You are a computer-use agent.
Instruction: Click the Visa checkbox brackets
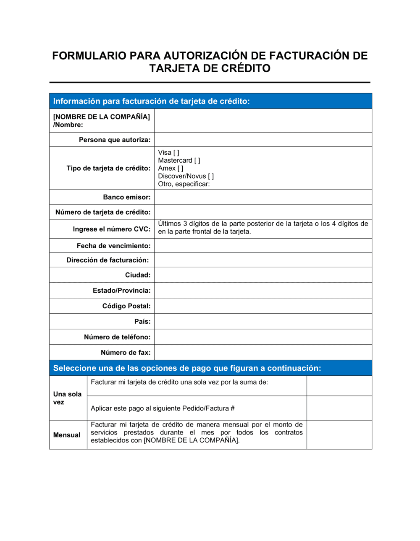point(176,153)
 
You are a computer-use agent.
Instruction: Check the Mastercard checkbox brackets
point(197,161)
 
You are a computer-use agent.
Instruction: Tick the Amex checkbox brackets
point(180,169)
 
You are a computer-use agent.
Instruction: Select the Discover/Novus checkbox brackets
point(211,177)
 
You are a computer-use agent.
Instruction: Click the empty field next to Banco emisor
point(263,197)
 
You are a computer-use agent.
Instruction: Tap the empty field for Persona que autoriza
point(263,140)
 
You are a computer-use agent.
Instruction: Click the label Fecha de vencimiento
point(113,246)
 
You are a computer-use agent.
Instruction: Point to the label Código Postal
point(126,306)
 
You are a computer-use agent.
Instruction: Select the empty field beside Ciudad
point(263,275)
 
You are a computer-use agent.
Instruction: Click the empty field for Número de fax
point(263,353)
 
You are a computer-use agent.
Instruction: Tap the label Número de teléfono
point(117,337)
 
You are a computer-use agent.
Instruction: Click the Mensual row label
point(67,435)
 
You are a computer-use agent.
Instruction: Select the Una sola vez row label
point(67,398)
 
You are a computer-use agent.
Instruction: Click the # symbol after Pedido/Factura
point(233,408)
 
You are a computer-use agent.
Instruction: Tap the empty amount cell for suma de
point(339,386)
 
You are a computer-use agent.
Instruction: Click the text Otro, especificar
point(184,184)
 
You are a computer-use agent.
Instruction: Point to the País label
point(142,322)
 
